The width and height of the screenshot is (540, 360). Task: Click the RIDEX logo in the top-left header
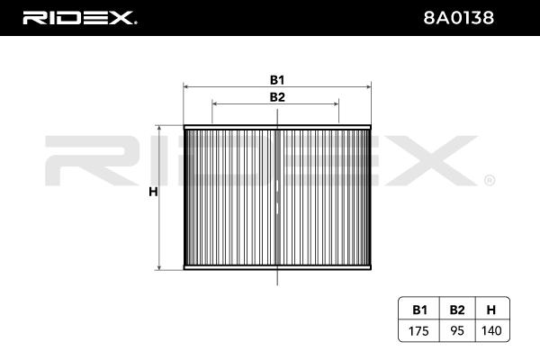coord(78,17)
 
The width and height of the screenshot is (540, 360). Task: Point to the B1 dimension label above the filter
coord(277,79)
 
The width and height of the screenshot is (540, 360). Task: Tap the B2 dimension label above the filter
coord(277,97)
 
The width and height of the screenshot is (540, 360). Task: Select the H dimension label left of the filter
coord(153,192)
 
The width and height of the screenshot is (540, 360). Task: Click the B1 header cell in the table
coord(419,310)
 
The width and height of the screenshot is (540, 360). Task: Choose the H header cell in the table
coord(490,310)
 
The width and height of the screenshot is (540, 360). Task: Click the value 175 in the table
coord(419,329)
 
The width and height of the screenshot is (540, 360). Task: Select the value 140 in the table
coord(490,329)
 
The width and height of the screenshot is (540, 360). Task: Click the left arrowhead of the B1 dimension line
coord(185,88)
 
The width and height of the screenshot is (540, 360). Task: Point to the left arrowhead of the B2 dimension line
coord(214,106)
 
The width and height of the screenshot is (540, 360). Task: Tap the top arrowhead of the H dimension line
coord(160,130)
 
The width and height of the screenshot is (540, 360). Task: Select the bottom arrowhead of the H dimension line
coord(160,266)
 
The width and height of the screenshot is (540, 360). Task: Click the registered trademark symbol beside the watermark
coord(488,180)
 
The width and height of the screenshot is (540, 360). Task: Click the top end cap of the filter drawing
coord(277,128)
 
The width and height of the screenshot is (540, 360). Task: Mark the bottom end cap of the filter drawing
coord(277,267)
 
